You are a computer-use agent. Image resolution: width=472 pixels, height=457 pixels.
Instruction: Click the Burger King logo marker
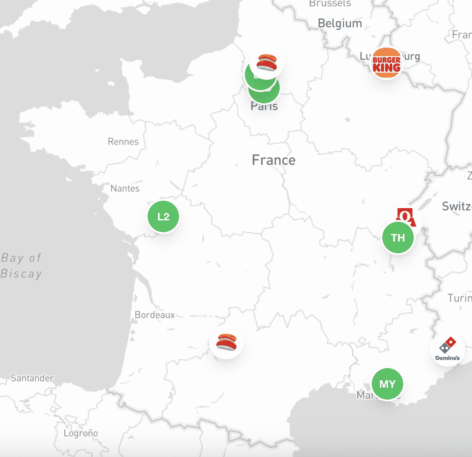pos(386,63)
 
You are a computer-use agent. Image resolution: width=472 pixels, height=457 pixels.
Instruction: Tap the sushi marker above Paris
pos(267,62)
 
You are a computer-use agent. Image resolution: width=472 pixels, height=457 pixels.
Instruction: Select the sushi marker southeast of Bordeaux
pos(226,342)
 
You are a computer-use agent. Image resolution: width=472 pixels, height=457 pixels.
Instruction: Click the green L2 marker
pos(163,216)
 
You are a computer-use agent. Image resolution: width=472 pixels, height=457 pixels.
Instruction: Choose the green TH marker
pos(398,238)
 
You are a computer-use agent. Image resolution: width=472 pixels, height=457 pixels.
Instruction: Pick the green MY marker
pos(387,384)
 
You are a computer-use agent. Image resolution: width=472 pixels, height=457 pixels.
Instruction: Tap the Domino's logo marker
pos(447,349)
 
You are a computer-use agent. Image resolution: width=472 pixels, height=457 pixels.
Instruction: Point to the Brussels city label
pos(330,4)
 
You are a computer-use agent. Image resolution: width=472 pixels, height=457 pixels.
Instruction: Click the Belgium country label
pos(340,23)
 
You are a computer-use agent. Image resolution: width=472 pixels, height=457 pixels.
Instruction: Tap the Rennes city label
pos(123,142)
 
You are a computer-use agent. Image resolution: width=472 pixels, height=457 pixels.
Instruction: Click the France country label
pos(274,160)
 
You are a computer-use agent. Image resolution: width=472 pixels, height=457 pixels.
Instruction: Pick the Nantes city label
pos(125,188)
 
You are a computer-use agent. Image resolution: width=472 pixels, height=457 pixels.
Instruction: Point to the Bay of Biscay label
pos(21,266)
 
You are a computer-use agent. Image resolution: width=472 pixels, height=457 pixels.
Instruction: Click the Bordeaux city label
pos(155,315)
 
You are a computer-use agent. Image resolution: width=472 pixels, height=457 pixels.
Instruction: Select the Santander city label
pos(32,378)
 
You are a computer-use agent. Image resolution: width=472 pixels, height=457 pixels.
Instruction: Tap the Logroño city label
pos(81,433)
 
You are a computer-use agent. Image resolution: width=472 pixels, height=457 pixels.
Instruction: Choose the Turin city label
pos(459,298)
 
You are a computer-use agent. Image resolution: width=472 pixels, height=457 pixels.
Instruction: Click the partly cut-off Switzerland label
pos(457,206)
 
